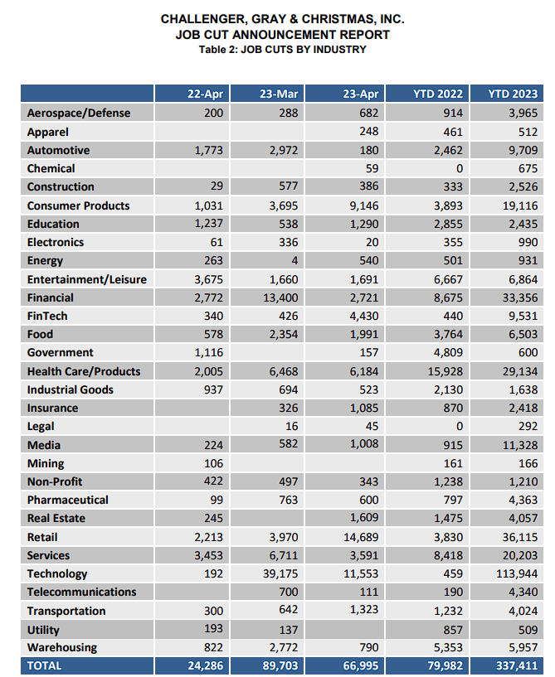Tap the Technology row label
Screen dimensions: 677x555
tap(57, 573)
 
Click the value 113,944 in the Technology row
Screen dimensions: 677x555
tap(515, 573)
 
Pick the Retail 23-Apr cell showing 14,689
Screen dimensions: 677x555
tap(360, 537)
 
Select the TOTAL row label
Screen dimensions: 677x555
tap(45, 665)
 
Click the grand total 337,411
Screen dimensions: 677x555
tap(515, 665)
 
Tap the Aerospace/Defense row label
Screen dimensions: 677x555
tap(79, 113)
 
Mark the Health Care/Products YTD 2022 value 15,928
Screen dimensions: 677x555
tap(444, 371)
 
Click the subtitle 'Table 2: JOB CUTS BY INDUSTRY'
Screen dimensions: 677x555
tap(282, 50)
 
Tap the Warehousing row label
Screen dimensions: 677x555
tap(62, 647)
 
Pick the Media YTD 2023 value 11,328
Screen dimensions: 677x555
tap(518, 445)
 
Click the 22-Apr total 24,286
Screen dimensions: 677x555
tap(204, 665)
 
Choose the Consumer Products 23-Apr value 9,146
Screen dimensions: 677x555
tap(363, 206)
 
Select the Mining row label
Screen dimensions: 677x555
tap(46, 463)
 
